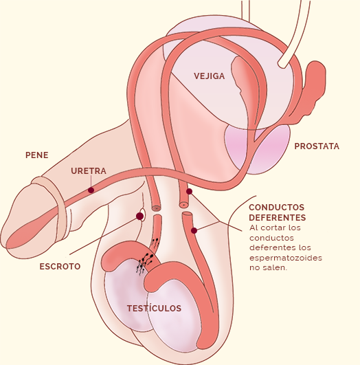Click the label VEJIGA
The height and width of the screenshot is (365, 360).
pos(210,76)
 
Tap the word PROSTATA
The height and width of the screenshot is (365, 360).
pos(317,146)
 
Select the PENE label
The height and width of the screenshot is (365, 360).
pos(37,155)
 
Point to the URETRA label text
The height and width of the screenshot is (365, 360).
pos(89,171)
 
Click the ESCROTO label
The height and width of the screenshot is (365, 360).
pos(60,266)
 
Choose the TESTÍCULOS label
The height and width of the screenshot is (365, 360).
pos(154,308)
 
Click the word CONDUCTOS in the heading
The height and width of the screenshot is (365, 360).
pos(276,207)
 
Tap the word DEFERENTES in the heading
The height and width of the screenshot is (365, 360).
pos(277,217)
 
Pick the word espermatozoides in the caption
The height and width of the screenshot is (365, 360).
pos(286,258)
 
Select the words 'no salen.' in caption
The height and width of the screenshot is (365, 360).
pos(269,267)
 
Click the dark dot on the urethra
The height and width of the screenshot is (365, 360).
pos(91,190)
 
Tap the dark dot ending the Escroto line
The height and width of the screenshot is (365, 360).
pos(139,217)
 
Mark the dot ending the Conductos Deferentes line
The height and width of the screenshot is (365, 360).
pos(194,230)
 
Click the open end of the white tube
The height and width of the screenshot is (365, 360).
pos(282,64)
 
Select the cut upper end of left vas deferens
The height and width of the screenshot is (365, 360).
pos(156,207)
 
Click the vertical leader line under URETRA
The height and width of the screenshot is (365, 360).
pos(91,181)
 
